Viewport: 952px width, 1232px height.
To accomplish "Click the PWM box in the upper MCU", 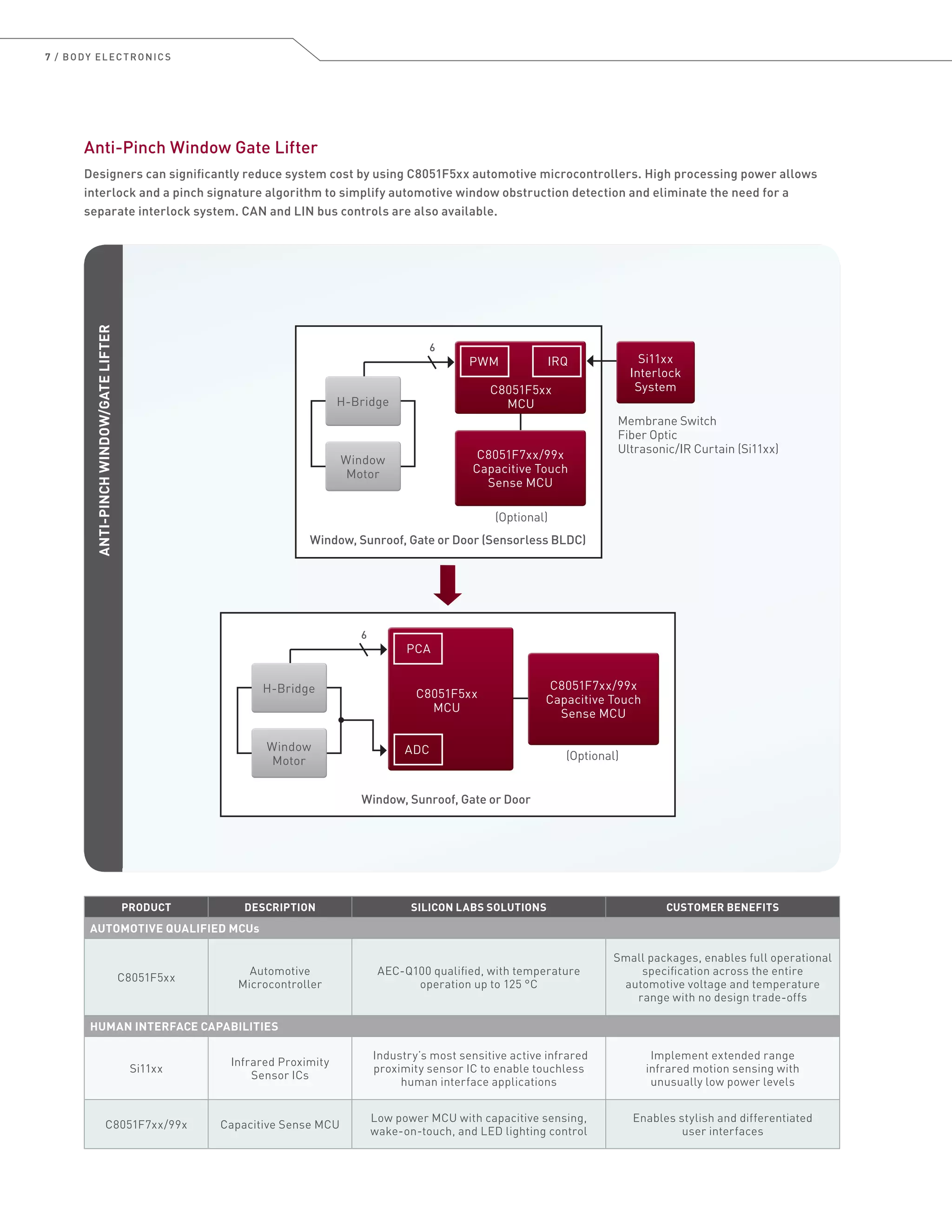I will click(484, 361).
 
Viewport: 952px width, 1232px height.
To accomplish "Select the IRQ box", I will click(556, 361).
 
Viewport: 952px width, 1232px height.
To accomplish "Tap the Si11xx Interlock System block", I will click(655, 372).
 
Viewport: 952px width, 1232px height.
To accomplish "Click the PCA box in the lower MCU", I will click(418, 649).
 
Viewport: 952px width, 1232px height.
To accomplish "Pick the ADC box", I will click(417, 750).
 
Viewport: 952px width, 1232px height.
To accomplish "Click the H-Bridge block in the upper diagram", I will click(363, 401).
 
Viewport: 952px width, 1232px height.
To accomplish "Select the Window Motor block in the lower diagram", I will click(289, 753).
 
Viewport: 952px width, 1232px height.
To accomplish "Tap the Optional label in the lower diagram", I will click(592, 756).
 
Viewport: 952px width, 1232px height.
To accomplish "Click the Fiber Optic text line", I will click(648, 435).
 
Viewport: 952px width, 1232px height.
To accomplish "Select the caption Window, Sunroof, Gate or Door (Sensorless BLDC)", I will click(448, 540).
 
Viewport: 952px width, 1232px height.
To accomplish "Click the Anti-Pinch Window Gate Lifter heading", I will click(201, 148).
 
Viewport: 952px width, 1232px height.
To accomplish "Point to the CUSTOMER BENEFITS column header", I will click(722, 907).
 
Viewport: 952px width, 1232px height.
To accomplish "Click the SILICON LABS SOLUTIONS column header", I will click(478, 907).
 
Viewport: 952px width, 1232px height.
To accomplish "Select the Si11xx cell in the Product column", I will click(146, 1068).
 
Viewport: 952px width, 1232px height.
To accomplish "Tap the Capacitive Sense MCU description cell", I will click(280, 1124).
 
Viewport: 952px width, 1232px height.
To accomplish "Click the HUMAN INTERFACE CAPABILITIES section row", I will click(184, 1026).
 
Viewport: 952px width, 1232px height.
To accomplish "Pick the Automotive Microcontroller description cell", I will click(280, 978).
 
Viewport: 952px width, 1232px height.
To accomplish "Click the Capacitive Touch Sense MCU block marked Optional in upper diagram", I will click(520, 468).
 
